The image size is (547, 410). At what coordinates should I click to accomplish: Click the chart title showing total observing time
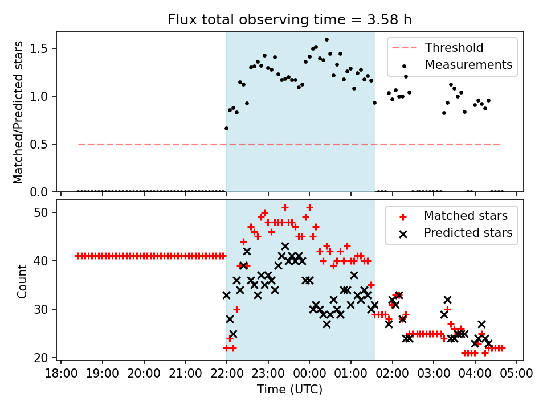click(x=289, y=20)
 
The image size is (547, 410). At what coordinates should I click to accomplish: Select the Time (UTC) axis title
click(x=289, y=389)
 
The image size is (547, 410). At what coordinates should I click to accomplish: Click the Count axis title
click(x=22, y=281)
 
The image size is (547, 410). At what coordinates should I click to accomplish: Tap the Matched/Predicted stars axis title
click(x=18, y=112)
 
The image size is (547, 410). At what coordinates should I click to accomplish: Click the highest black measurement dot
click(x=326, y=40)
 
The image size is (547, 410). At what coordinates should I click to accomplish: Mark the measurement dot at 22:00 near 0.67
click(x=226, y=128)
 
